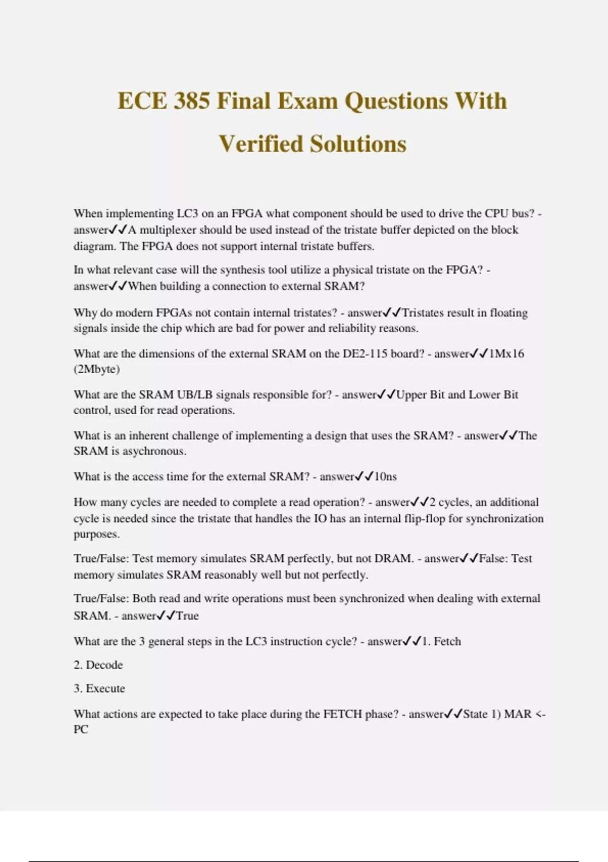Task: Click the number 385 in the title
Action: click(x=192, y=101)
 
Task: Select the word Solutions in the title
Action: click(x=358, y=144)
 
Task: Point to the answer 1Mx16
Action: click(x=507, y=354)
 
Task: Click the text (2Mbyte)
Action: click(x=97, y=370)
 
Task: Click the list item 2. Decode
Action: click(x=98, y=665)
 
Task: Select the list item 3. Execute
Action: click(x=99, y=689)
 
